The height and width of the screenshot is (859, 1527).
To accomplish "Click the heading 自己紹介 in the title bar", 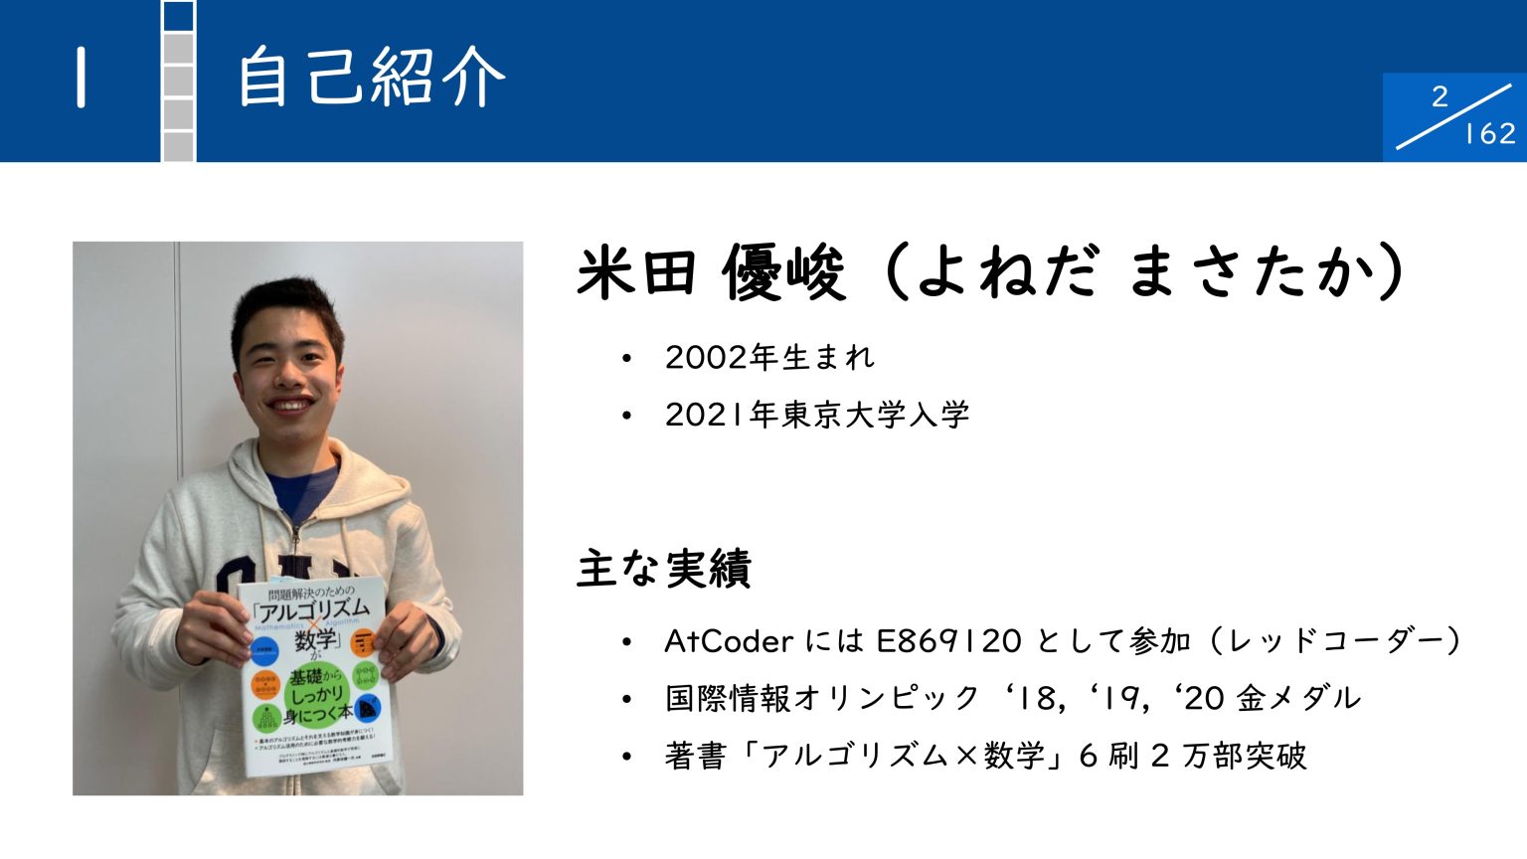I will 370,77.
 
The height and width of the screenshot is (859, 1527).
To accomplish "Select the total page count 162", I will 1489,133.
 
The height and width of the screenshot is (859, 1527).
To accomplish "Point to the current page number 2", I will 1440,96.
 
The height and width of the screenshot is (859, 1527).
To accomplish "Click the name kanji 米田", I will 636,271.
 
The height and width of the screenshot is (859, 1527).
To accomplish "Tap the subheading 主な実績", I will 663,568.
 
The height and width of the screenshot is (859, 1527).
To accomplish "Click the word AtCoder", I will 728,641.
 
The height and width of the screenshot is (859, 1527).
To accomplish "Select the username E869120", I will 948,641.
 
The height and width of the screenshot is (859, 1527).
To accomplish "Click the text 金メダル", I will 1298,698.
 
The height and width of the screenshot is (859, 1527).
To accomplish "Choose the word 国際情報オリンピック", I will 823,698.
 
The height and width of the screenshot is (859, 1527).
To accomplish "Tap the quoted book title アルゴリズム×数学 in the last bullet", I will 903,756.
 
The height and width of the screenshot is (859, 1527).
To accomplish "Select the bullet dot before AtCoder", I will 626,642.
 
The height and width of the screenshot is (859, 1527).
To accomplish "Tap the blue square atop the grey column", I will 179,16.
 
